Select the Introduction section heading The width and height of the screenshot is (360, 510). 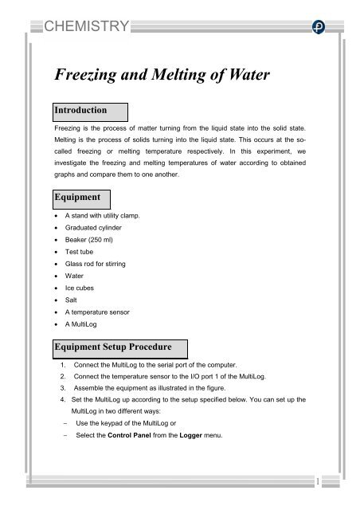[x=85, y=108]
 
